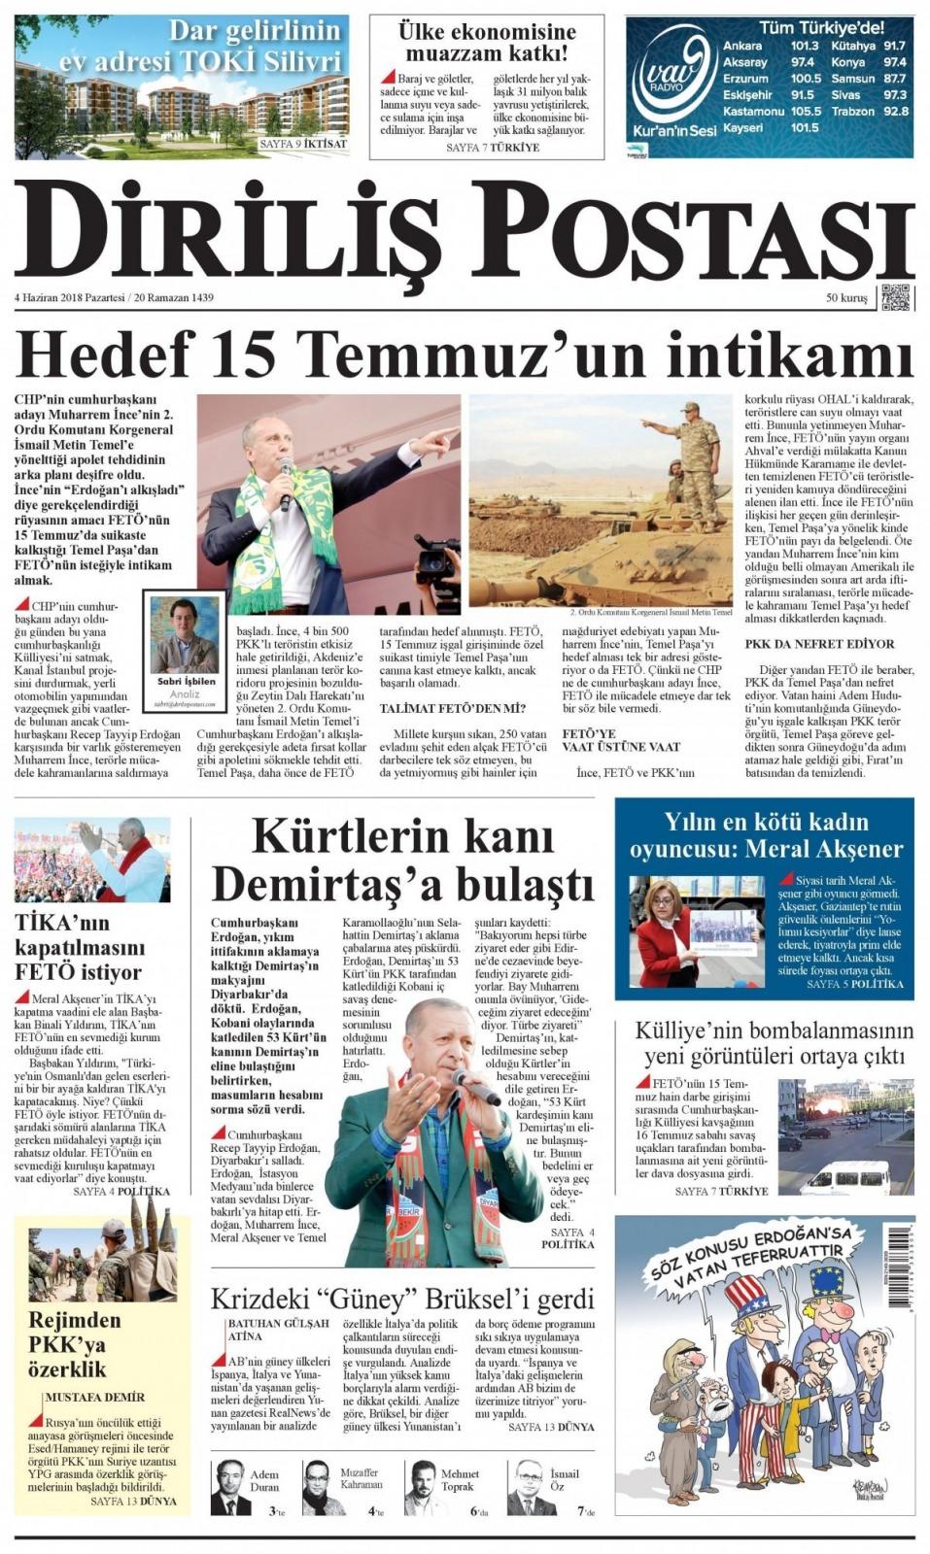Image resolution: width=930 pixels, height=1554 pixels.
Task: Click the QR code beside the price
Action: tap(896, 297)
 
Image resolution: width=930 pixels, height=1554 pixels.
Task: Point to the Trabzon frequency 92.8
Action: tap(895, 111)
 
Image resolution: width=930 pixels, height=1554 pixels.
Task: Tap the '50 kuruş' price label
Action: tap(845, 298)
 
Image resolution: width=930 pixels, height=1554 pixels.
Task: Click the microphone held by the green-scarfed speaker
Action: tap(286, 483)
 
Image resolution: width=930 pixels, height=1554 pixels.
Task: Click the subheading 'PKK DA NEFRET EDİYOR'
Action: tap(819, 644)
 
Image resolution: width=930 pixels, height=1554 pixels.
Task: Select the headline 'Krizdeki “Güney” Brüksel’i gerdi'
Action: tap(402, 1300)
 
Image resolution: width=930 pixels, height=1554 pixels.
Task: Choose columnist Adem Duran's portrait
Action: tap(230, 1486)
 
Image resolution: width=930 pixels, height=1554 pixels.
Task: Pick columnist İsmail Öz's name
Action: tap(564, 1479)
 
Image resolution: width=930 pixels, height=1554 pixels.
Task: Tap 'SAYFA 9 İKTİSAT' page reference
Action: tap(302, 144)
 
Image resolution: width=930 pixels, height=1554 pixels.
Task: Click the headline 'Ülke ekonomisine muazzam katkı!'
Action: tap(487, 43)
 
